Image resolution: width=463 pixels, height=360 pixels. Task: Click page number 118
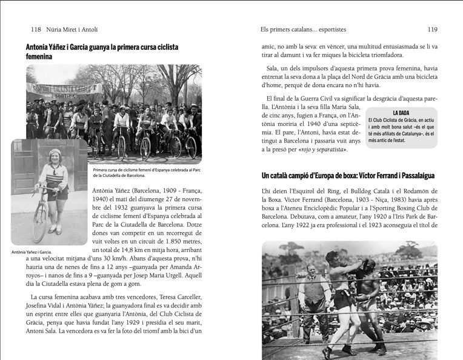pos(35,29)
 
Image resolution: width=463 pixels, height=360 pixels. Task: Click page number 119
pos(432,29)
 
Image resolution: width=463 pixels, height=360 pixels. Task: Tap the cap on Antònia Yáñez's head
pos(56,153)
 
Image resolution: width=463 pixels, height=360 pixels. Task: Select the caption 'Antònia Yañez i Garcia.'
pos(32,252)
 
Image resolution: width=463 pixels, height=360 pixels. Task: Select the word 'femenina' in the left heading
pos(39,56)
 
